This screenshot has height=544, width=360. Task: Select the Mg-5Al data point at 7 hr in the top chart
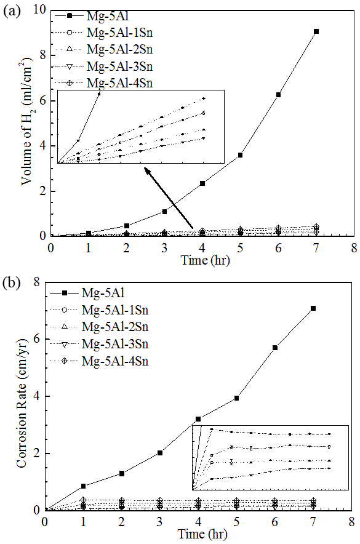316,31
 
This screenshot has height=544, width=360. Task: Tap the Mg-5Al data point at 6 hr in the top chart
278,95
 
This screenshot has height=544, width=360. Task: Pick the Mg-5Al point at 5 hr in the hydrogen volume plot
240,155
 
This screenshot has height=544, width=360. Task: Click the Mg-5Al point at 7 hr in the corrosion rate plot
313,308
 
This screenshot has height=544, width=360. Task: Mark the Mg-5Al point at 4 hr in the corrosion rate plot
198,419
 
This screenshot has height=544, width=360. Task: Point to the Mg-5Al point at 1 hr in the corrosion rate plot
83,486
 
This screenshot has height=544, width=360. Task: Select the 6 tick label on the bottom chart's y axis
36,339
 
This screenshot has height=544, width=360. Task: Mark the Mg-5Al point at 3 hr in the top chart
165,212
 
